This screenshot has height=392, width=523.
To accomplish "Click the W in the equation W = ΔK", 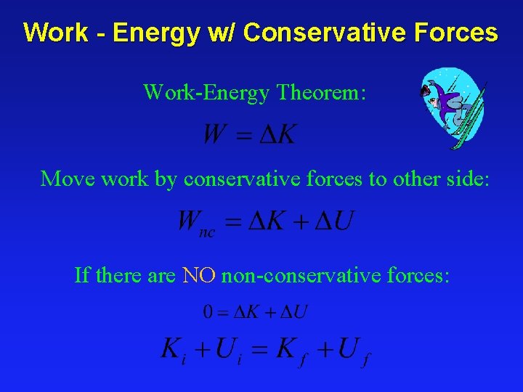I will click(x=214, y=134).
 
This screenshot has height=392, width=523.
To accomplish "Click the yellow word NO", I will click(x=198, y=275).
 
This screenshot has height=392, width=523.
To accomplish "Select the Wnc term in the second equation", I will click(x=195, y=222).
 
